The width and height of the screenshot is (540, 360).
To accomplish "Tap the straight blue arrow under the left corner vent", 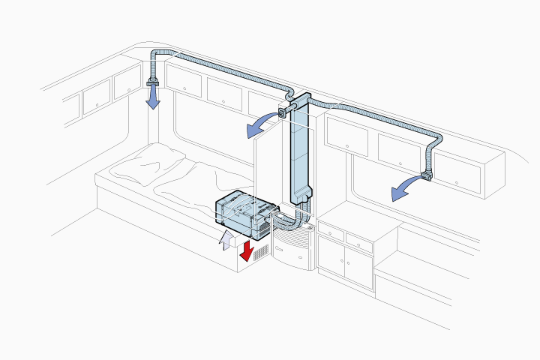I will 153,97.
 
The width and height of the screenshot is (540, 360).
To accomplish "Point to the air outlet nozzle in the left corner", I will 154,79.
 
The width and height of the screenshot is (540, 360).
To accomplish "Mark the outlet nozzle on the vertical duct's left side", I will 283,112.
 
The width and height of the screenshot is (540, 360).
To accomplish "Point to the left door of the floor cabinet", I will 331,260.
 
